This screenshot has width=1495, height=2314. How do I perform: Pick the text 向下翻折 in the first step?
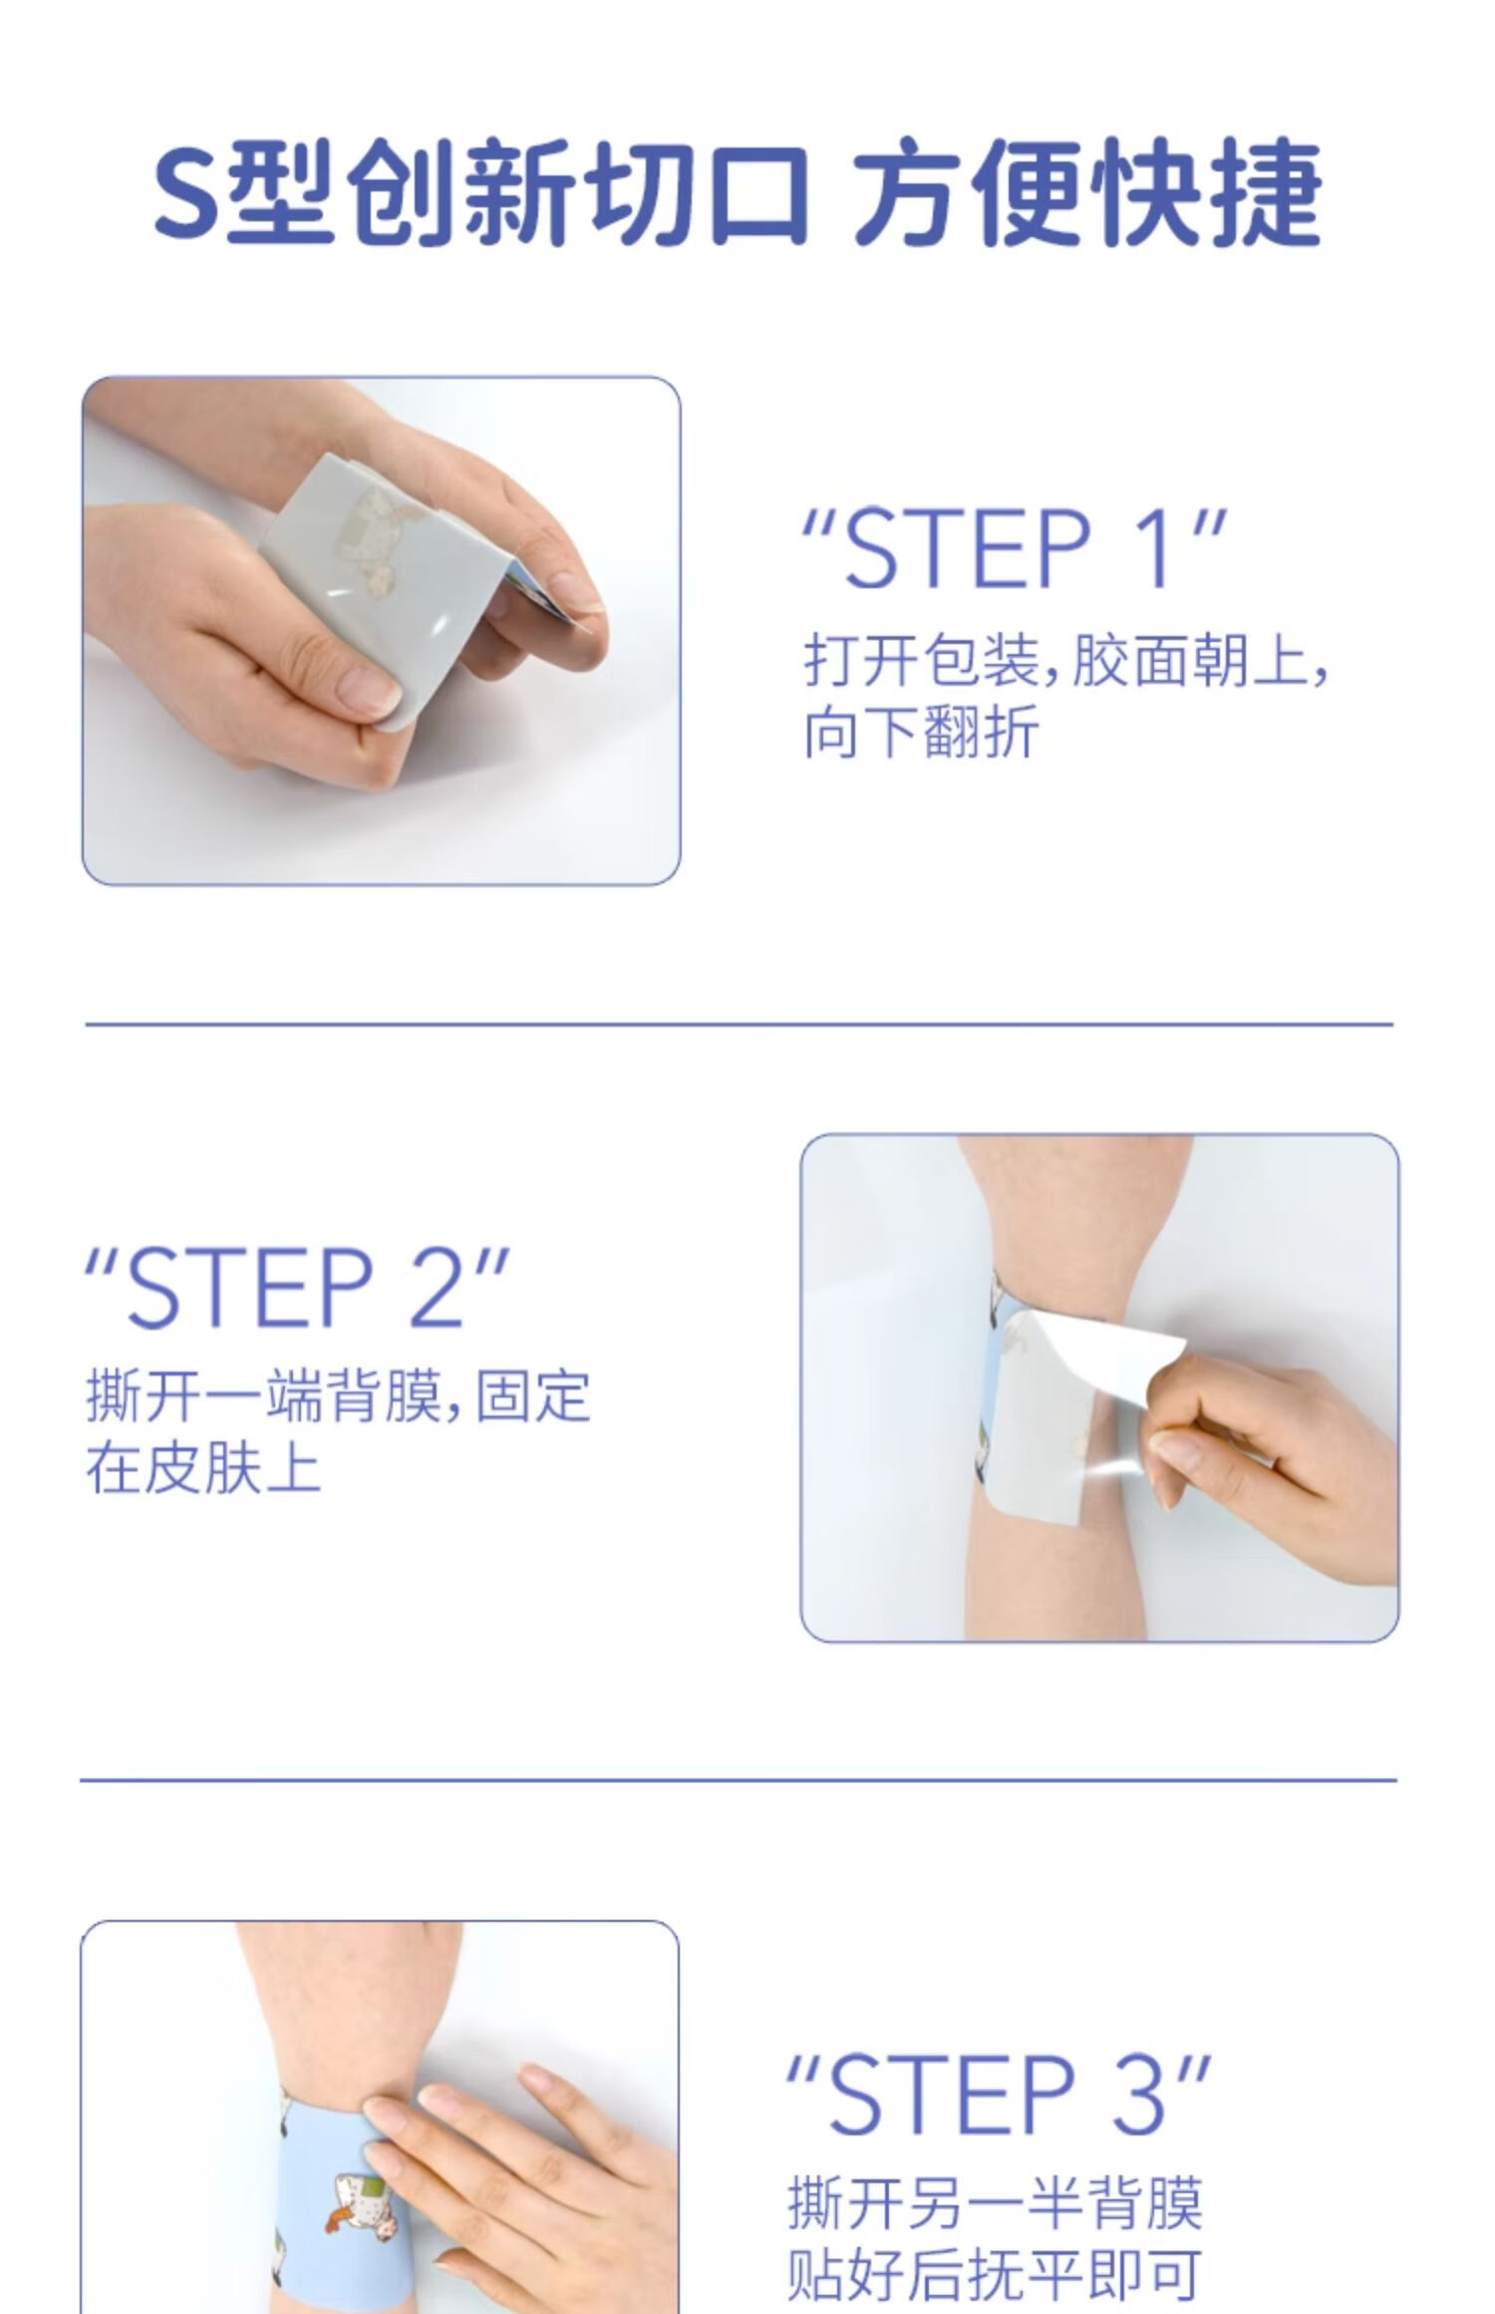(921, 732)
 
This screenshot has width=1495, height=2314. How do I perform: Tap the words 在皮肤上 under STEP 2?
(203, 1469)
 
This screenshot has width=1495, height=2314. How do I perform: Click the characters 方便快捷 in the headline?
(1088, 194)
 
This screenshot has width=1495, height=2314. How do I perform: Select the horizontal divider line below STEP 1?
(739, 1023)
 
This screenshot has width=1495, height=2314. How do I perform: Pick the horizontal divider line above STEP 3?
(739, 1779)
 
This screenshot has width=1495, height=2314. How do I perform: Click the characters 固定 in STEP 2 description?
(533, 1397)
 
